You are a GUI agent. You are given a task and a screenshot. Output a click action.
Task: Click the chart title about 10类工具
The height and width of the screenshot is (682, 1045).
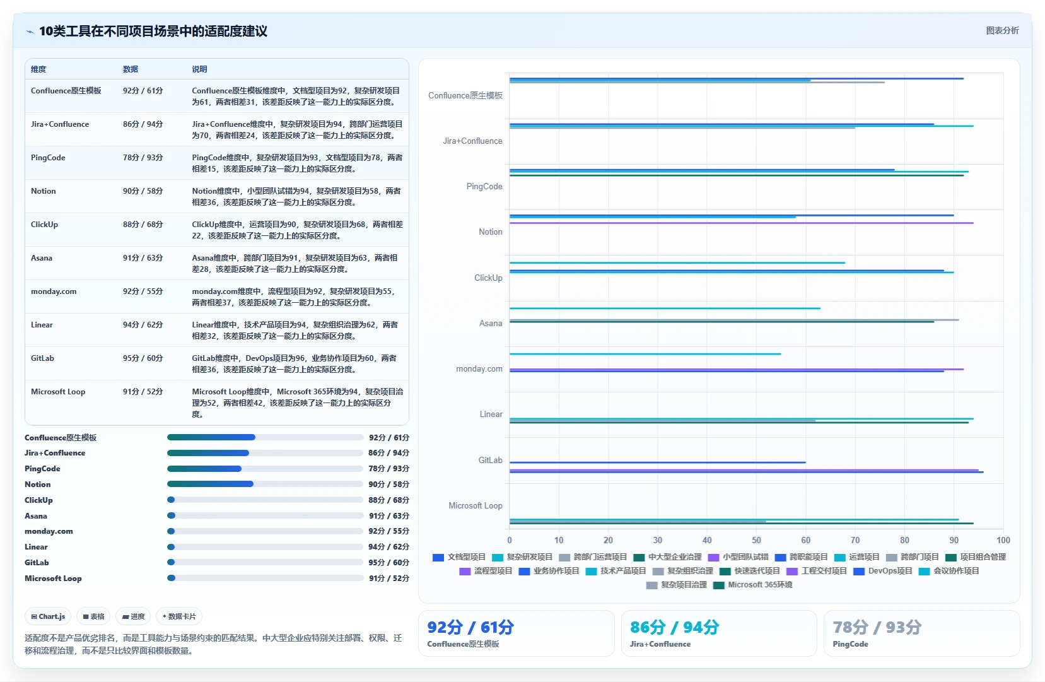(153, 32)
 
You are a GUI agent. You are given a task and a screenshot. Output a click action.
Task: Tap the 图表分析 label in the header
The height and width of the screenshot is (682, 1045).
(1002, 31)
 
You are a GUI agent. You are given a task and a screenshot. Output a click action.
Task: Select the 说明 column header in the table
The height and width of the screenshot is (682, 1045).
(199, 69)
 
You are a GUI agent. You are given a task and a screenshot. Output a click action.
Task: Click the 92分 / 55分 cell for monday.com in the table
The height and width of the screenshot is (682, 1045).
(143, 291)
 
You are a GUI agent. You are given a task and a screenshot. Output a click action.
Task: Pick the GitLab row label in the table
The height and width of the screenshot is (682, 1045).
(42, 358)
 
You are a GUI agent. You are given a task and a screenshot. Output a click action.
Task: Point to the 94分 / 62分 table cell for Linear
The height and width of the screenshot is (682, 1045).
(143, 325)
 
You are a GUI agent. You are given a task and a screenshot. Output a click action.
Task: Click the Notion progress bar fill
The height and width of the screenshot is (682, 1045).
(211, 484)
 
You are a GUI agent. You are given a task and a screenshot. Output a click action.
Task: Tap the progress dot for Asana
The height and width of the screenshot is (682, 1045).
(171, 516)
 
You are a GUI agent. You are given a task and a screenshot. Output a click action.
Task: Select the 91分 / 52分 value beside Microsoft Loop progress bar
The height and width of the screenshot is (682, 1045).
(389, 579)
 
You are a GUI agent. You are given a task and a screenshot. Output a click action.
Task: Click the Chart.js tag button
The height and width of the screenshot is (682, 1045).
(48, 616)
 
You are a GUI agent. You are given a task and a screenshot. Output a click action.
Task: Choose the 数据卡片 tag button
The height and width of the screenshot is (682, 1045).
(179, 616)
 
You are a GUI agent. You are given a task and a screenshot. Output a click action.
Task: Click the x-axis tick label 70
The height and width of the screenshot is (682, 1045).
(855, 540)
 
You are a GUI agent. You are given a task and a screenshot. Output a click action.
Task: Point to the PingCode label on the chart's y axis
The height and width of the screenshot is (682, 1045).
(484, 186)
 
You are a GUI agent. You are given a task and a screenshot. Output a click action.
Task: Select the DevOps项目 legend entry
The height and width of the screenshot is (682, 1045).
(883, 571)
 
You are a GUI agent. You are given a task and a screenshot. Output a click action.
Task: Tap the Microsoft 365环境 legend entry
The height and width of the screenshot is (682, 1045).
(753, 585)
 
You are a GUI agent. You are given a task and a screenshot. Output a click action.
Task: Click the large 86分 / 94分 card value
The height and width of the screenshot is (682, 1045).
(674, 627)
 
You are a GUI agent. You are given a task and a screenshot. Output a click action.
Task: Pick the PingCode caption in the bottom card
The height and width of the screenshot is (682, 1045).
(851, 644)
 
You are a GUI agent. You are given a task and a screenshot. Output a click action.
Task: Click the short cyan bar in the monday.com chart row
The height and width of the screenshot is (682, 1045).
(645, 354)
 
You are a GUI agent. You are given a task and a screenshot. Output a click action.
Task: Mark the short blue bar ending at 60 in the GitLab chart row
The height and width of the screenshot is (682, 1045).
(658, 462)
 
